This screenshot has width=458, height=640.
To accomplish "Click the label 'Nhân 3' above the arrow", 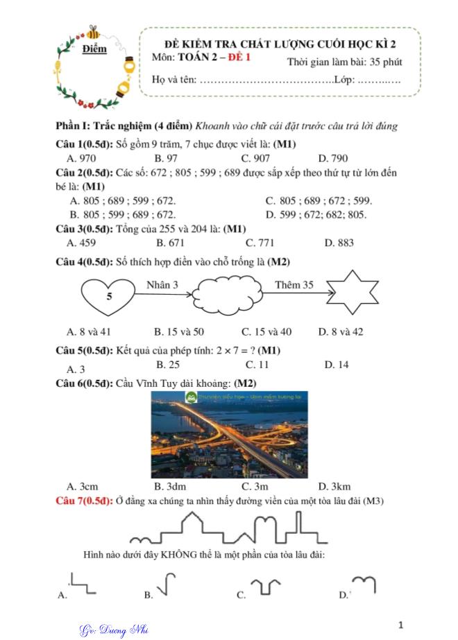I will coord(162,284).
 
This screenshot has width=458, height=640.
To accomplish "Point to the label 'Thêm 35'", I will coord(294,284).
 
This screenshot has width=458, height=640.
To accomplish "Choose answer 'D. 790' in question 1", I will coord(333,158).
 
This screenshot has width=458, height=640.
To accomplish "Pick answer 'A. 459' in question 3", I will coord(82,243).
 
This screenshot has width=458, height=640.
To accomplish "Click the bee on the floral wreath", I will coord(93,33).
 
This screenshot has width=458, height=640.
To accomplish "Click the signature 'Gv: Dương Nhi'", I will coord(113,630).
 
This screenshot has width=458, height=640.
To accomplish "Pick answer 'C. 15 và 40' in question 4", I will coord(266,331).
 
